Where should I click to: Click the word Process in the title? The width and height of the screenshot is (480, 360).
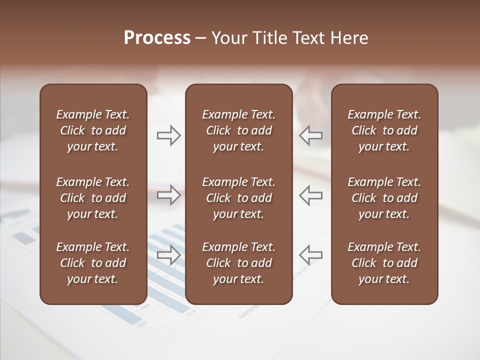click(157, 38)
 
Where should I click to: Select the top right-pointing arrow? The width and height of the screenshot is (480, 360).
click(168, 135)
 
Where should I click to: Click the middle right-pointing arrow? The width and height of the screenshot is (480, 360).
click(168, 195)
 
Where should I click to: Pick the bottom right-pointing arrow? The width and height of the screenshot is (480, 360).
click(168, 254)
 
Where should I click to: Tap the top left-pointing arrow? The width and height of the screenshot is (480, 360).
click(311, 135)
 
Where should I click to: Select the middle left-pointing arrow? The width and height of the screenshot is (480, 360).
click(311, 195)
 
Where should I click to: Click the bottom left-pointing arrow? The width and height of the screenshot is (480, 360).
click(311, 254)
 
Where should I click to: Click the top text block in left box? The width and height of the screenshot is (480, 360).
click(93, 130)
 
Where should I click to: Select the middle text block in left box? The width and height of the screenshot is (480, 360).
click(93, 198)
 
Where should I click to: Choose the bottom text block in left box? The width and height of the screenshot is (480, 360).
click(93, 263)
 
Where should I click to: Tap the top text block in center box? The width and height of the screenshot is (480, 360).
click(238, 130)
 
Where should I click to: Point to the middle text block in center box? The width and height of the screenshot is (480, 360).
click(238, 198)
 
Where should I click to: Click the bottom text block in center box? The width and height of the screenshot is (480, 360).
click(238, 263)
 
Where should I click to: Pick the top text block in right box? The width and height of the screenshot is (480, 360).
click(384, 130)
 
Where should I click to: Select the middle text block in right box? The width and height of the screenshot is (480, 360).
click(384, 198)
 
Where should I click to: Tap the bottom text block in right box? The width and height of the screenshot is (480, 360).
click(384, 263)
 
